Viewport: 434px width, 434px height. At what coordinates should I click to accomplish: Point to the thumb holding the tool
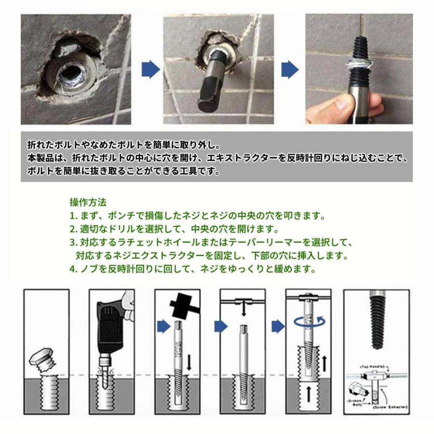click(344, 103)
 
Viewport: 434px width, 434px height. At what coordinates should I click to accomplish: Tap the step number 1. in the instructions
click(73, 215)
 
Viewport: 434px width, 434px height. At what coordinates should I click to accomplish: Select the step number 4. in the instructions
click(74, 269)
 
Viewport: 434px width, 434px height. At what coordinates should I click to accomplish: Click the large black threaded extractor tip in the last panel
click(377, 321)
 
